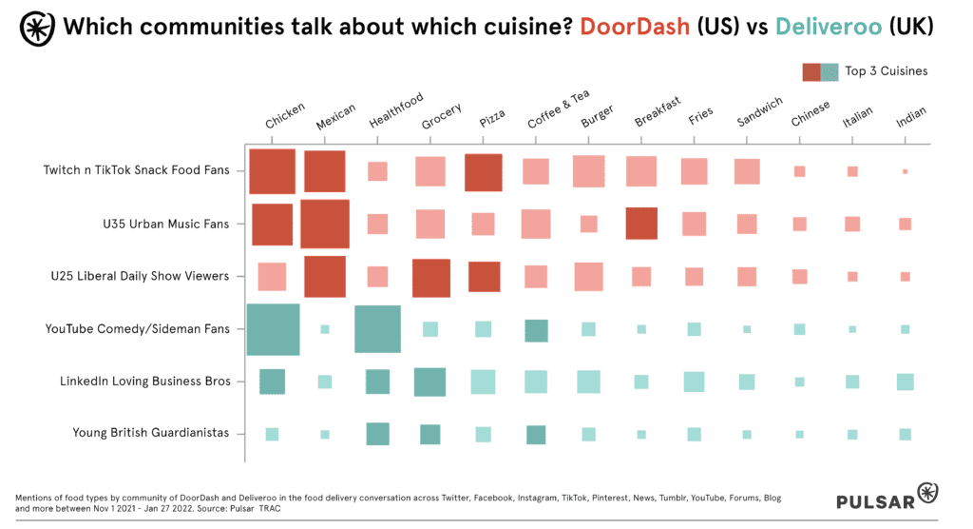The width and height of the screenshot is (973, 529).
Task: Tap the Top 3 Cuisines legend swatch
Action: click(820, 71)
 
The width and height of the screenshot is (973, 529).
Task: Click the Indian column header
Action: click(910, 119)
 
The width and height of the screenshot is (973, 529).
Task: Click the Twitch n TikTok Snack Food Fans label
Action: click(136, 171)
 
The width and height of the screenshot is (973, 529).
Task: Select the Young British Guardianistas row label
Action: click(150, 433)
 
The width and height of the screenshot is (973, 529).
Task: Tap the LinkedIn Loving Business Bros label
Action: click(144, 381)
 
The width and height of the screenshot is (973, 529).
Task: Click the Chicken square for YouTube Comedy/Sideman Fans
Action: click(273, 329)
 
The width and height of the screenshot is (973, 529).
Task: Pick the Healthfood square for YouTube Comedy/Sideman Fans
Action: click(377, 329)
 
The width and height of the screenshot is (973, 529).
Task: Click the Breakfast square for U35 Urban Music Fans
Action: click(641, 224)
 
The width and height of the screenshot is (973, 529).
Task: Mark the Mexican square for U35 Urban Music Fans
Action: click(325, 224)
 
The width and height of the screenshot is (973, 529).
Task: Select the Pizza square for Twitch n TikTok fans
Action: click(483, 172)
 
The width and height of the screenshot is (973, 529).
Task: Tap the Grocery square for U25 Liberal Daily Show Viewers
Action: click(430, 277)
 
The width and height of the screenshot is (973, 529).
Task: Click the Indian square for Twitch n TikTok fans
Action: click(905, 171)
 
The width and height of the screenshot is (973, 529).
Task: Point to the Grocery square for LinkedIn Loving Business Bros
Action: click(429, 382)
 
